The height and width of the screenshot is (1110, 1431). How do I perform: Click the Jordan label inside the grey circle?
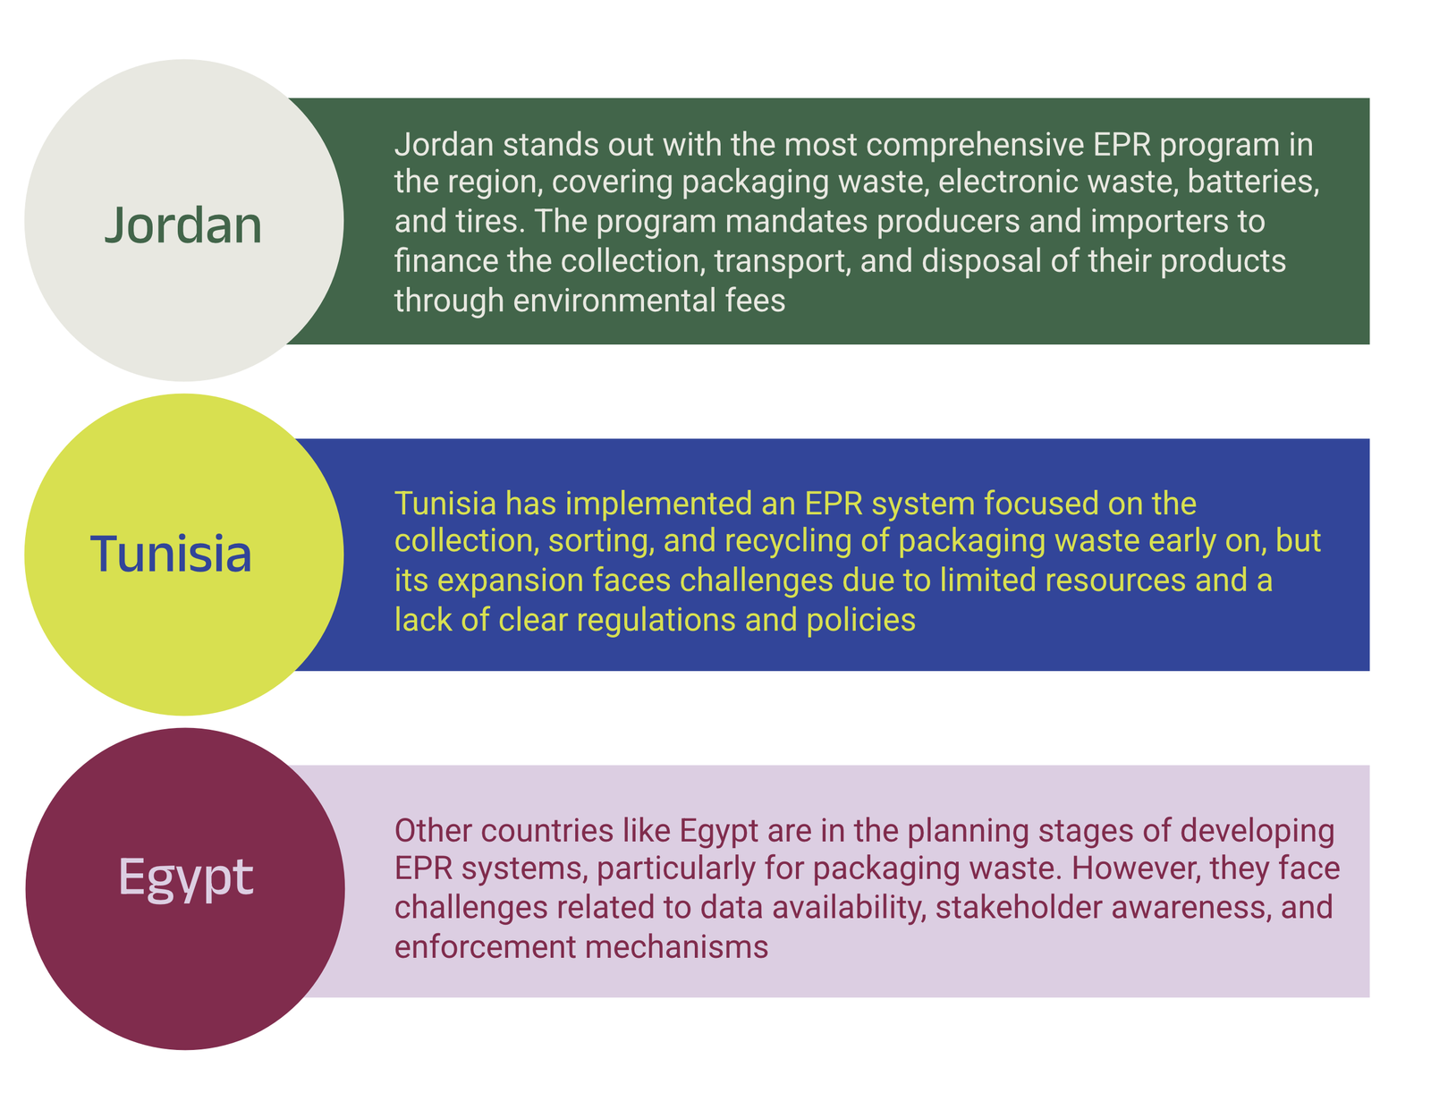(183, 225)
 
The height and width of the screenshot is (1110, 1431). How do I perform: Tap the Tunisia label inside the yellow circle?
(171, 553)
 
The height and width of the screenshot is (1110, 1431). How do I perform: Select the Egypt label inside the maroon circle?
(186, 877)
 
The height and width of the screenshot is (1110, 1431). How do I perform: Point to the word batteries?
(1253, 182)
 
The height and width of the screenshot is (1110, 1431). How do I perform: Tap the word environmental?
(614, 301)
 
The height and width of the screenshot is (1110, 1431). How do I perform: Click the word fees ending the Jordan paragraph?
(756, 301)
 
